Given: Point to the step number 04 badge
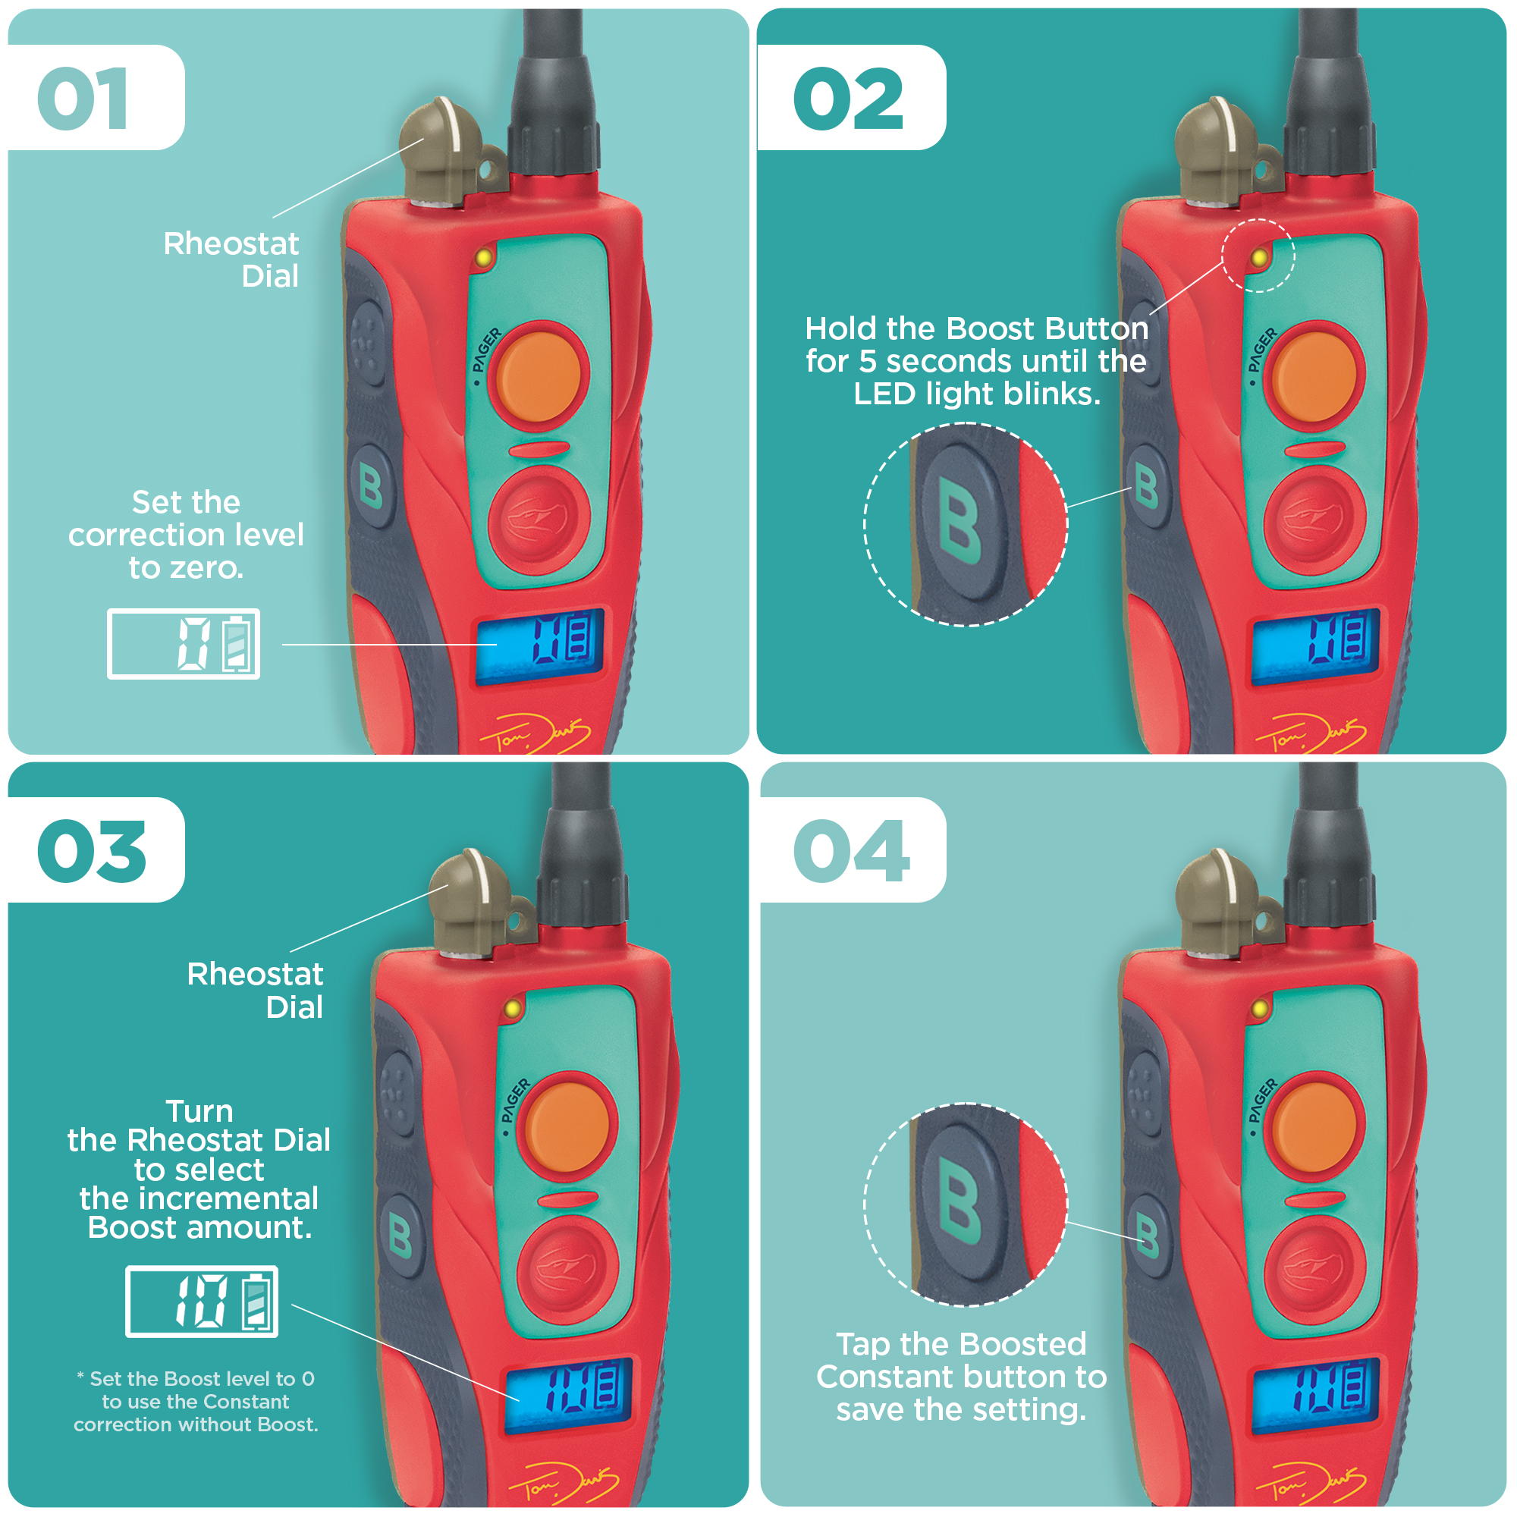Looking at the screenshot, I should (x=851, y=851).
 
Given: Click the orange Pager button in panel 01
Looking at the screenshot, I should (x=539, y=375).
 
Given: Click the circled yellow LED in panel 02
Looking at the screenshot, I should (x=1258, y=257).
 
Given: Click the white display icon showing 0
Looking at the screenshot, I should (x=184, y=644).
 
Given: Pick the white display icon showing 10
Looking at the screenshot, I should (x=202, y=1301).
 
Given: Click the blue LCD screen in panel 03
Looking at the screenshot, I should (x=567, y=1396).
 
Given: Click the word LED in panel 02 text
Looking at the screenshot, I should (x=884, y=394).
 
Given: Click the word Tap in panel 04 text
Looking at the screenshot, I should (x=862, y=1344).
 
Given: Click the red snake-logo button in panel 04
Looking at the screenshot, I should (x=1314, y=1268).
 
